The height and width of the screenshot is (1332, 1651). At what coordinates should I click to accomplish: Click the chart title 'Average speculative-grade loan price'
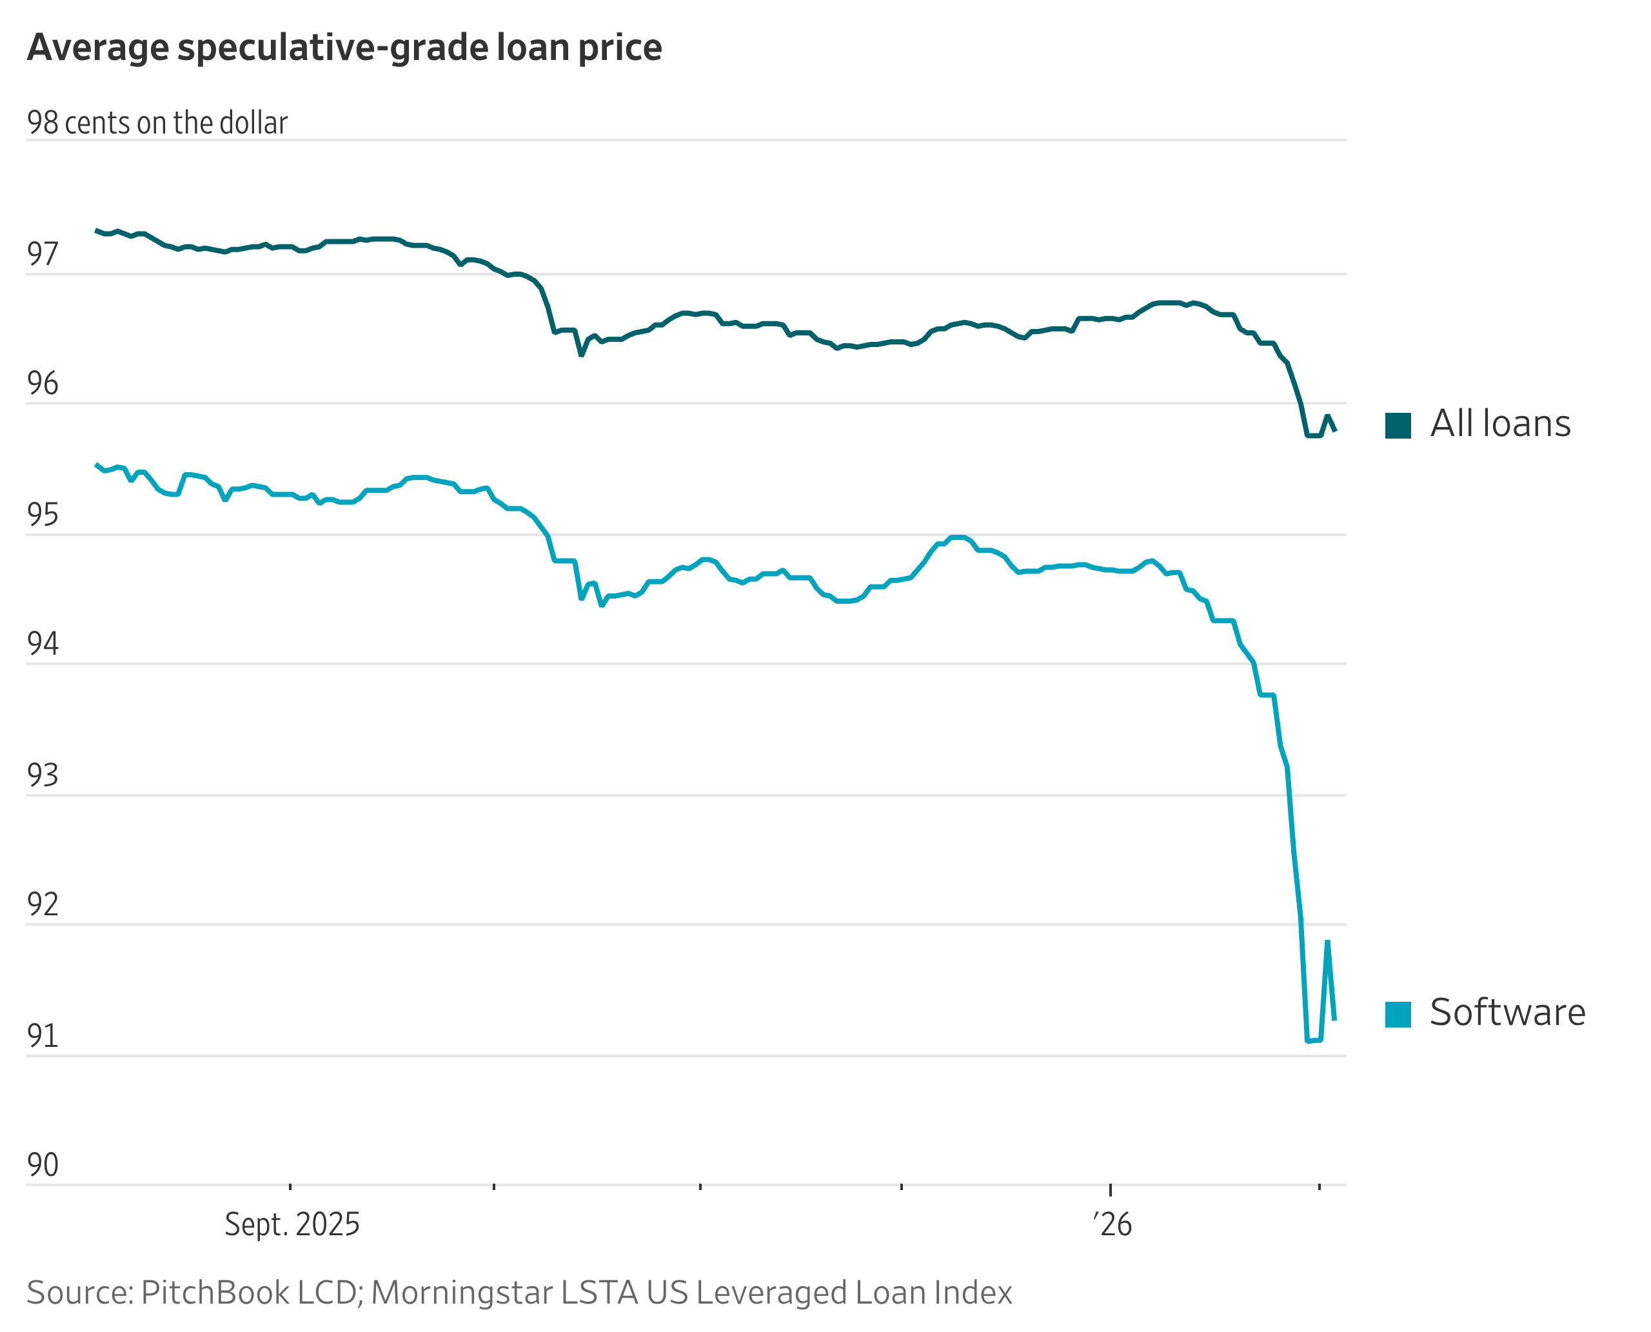point(344,48)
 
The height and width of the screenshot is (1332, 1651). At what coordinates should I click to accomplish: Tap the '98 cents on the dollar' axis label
point(157,123)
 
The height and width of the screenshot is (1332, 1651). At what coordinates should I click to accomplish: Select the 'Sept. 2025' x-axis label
point(292,1224)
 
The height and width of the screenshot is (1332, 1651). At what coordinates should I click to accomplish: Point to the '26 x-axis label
point(1112,1224)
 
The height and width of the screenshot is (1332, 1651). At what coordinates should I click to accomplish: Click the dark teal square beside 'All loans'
point(1398,425)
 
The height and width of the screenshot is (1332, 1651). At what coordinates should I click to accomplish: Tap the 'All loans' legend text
point(1500,424)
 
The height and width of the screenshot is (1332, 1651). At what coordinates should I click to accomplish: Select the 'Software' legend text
point(1508,1012)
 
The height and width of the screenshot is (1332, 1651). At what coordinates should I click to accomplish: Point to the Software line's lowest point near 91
point(1308,1041)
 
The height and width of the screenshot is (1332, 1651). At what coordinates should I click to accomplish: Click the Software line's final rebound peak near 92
point(1327,942)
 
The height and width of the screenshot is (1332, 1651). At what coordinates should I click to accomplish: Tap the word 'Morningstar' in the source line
point(462,1293)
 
